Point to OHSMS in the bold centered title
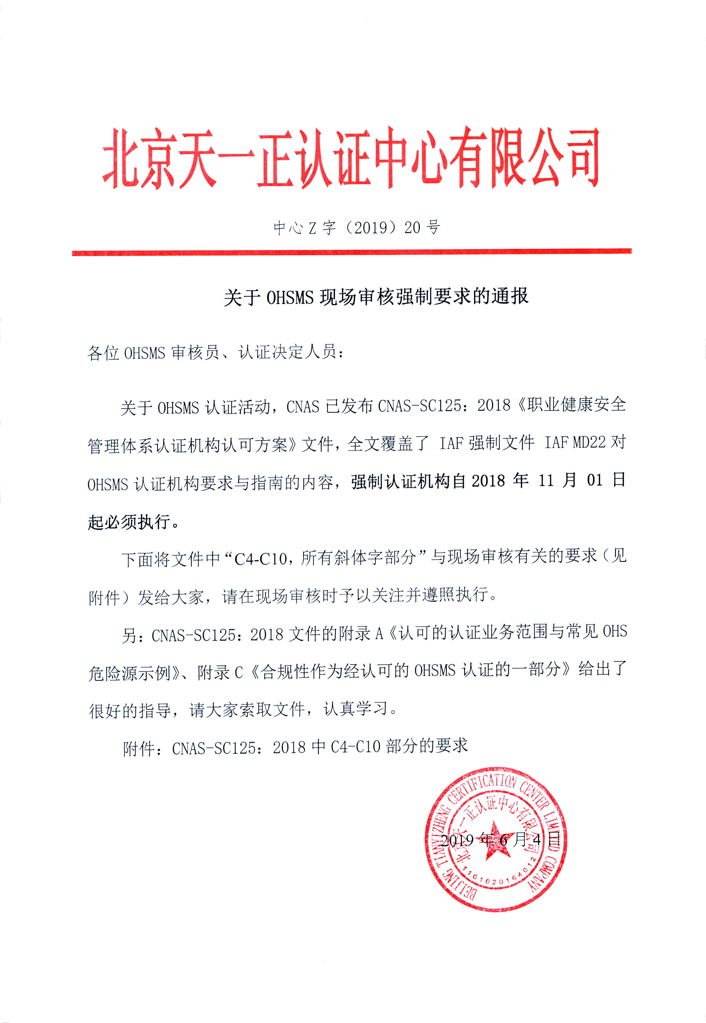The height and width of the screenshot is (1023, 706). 290,297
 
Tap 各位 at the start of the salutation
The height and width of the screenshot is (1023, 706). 104,353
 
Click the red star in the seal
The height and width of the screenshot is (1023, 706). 494,840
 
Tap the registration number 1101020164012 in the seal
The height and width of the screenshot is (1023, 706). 498,878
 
